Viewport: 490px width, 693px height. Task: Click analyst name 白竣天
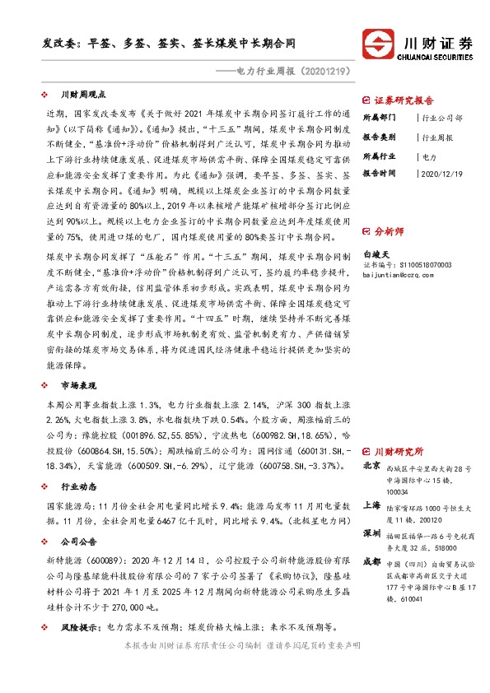coord(375,256)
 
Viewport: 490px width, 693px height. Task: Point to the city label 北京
coord(371,466)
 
